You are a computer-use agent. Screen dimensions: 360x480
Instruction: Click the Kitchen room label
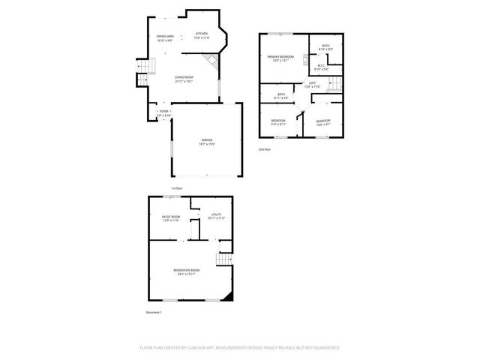point(202,35)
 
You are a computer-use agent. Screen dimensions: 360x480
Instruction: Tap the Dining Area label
point(165,38)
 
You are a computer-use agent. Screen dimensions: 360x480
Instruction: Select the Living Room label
point(184,79)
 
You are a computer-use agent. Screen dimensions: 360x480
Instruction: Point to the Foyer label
point(163,113)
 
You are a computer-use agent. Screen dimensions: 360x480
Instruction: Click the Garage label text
point(206,142)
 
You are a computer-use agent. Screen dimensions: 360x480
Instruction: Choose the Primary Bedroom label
point(281,59)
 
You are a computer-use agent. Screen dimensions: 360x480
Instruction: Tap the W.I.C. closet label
point(319,67)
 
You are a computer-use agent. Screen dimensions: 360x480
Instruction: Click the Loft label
point(312,85)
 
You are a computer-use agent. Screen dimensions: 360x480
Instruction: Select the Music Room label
point(171,218)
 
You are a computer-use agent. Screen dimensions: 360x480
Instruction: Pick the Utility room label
point(217,216)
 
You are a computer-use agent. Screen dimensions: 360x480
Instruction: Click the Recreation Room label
point(186,271)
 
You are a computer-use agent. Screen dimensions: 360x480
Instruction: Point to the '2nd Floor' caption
point(264,150)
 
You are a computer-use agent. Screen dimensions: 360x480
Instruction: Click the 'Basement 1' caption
point(154,312)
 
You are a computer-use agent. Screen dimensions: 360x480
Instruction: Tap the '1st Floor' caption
point(177,187)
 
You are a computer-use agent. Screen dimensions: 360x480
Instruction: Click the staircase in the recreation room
point(221,259)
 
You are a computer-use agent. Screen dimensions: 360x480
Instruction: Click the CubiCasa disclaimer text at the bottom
point(240,348)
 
